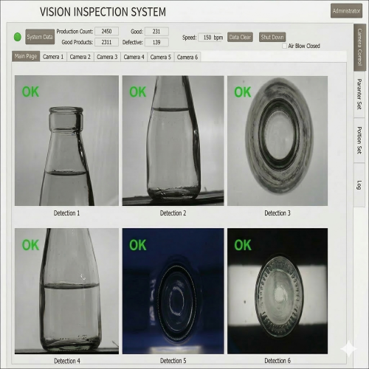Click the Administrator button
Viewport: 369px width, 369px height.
point(346,11)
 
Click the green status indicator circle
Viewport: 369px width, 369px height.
point(18,37)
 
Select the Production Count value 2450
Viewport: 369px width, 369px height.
point(106,31)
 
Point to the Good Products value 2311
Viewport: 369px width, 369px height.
point(106,42)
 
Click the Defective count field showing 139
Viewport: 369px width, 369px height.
point(156,42)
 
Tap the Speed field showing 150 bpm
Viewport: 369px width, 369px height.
point(210,38)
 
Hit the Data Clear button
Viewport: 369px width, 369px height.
point(240,37)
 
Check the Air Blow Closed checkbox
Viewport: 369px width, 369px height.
point(284,46)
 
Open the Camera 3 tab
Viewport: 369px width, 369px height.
point(107,57)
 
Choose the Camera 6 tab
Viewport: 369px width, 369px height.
point(187,57)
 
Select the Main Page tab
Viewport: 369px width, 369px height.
point(26,56)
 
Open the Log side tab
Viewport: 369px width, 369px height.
point(359,185)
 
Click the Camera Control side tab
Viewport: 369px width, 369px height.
point(359,47)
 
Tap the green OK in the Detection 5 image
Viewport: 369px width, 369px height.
point(138,245)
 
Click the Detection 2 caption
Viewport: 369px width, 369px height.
point(173,213)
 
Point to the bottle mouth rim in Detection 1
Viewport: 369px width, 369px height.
point(66,110)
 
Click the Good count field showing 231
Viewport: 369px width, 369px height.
point(156,31)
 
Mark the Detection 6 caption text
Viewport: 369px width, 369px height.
point(277,361)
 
